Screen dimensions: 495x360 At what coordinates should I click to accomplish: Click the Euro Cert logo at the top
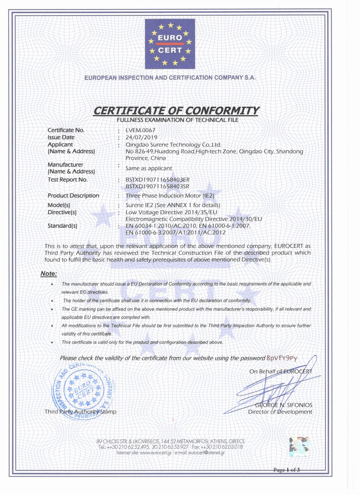click(x=170, y=42)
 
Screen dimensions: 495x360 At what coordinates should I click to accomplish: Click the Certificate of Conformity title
click(x=176, y=111)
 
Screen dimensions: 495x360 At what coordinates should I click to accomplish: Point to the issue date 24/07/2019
click(x=140, y=137)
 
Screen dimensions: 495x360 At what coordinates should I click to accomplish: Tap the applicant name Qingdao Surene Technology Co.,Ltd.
click(x=174, y=144)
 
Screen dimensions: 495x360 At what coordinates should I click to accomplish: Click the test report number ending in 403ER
click(x=157, y=180)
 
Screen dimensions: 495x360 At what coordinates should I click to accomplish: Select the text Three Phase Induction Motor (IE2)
click(x=163, y=196)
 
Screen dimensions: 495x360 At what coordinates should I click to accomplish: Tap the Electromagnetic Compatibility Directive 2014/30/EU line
click(x=193, y=218)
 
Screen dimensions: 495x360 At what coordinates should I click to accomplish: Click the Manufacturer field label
click(x=65, y=165)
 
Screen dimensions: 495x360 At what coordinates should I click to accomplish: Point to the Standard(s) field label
click(x=63, y=225)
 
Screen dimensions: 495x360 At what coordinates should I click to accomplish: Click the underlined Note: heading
click(x=49, y=274)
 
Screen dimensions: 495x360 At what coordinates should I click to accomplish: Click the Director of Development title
click(x=280, y=412)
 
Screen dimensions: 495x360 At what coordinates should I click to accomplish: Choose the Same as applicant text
click(x=148, y=168)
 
